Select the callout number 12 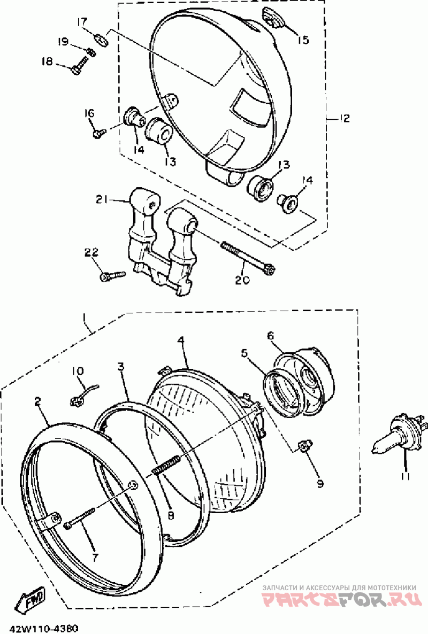[343, 119]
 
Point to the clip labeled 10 [82, 395]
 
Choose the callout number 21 [102, 200]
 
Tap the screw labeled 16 [100, 132]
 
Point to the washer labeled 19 [91, 52]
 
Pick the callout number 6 [270, 336]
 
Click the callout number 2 [37, 401]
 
